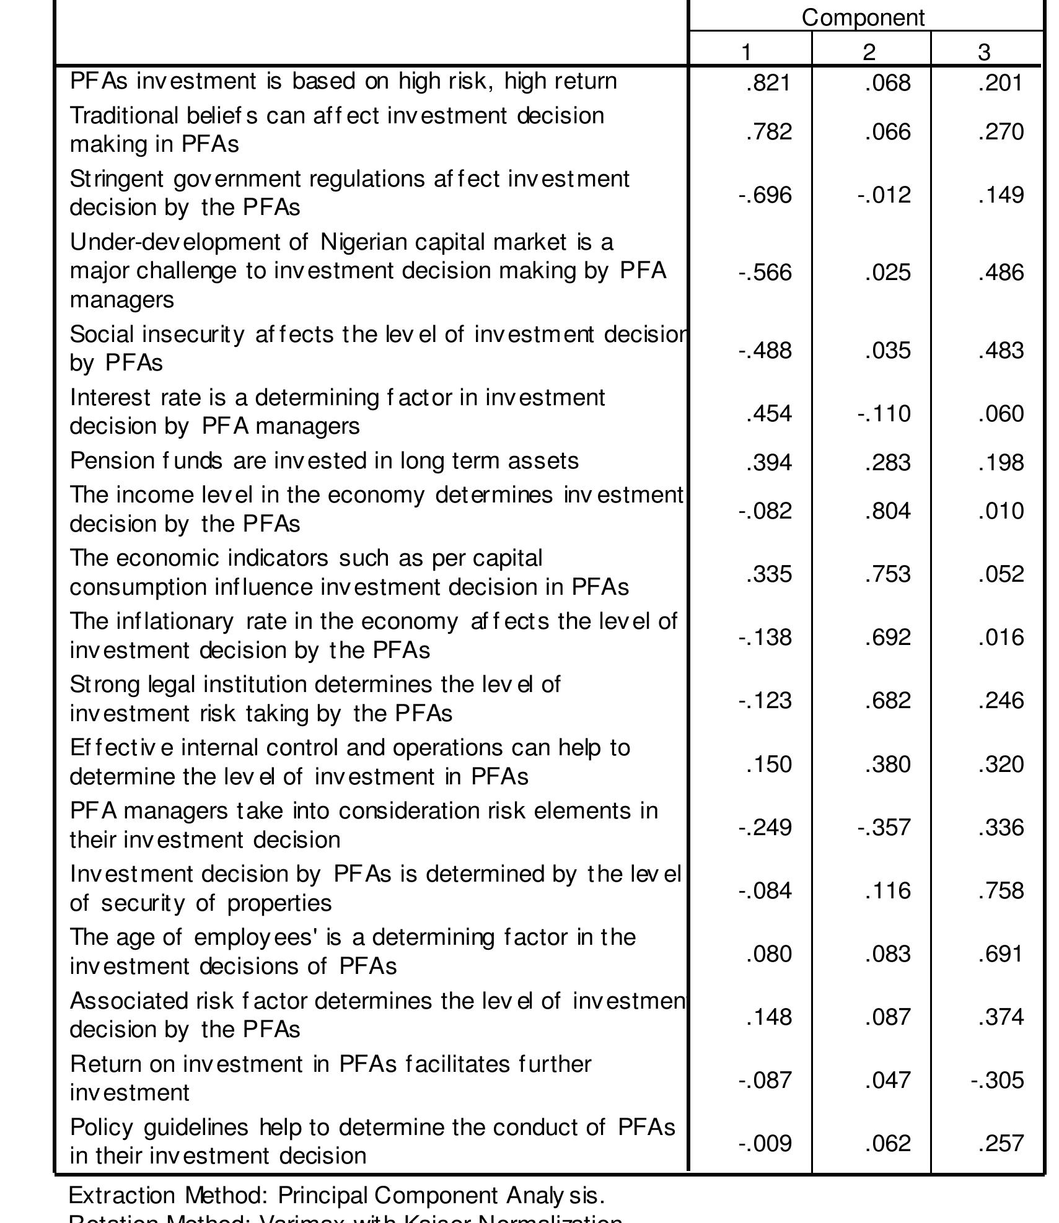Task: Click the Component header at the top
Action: coord(863,17)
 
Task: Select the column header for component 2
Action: coord(869,52)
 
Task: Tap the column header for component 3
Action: coord(984,52)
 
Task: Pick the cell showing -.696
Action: coord(765,195)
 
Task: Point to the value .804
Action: coord(887,511)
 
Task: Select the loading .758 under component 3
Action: coord(1001,891)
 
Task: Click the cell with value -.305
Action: coord(997,1081)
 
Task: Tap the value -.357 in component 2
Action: coord(884,828)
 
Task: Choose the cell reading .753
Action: coord(887,574)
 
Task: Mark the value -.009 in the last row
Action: coord(765,1144)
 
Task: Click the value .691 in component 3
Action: coord(1001,954)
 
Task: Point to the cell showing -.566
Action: coord(765,273)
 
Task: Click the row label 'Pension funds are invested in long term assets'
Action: coord(324,461)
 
